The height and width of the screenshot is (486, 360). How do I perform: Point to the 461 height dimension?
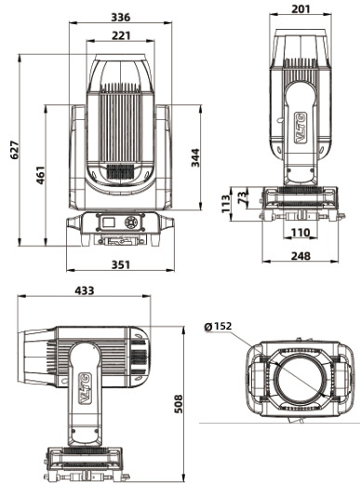click(x=41, y=175)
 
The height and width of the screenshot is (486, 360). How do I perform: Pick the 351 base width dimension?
click(x=115, y=263)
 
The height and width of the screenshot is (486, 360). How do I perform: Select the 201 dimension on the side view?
click(x=300, y=9)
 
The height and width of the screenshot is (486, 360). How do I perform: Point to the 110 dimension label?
click(x=299, y=232)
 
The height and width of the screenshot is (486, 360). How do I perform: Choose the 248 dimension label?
click(x=299, y=255)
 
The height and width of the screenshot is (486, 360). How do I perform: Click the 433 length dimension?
click(x=85, y=291)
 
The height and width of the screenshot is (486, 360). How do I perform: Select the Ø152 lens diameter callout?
click(x=218, y=327)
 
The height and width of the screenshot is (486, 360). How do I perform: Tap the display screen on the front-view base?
click(x=110, y=223)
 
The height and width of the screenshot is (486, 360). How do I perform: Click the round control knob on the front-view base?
click(x=131, y=223)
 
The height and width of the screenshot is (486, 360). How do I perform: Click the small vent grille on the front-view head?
click(x=117, y=172)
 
